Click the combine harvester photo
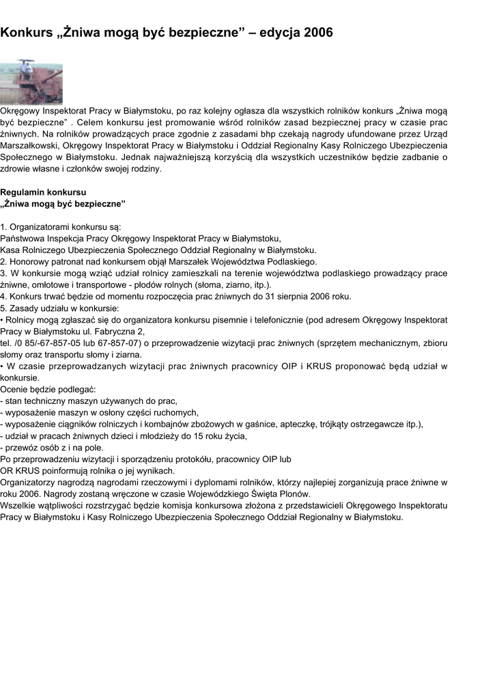point(31,81)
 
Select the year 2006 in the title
point(319,33)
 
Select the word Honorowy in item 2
point(30,261)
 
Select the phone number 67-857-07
point(119,342)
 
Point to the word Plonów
point(294,494)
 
